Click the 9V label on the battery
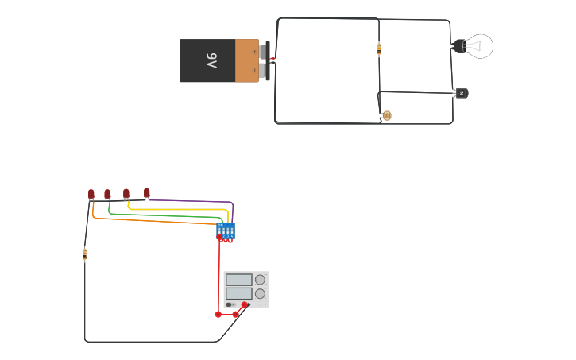(211, 61)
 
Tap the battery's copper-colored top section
(246, 60)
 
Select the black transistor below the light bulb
(461, 93)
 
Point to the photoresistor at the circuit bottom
(386, 116)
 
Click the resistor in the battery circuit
(379, 48)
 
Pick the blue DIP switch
(226, 230)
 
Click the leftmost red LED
(91, 194)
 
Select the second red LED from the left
(107, 194)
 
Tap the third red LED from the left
(126, 194)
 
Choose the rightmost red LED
(147, 192)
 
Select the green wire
(167, 215)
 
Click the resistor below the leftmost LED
(85, 254)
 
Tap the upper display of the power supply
(239, 280)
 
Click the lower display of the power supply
(239, 293)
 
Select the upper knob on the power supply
(260, 280)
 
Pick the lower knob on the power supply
(260, 293)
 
